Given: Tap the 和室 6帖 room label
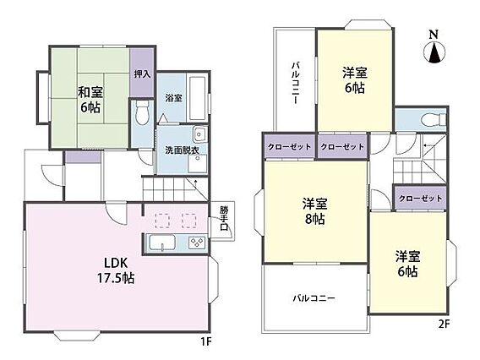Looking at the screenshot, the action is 90,100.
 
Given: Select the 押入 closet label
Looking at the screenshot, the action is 142,74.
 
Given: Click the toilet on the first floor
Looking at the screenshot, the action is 142,112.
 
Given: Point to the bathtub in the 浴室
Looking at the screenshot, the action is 197,98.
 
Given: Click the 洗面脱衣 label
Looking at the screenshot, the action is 183,150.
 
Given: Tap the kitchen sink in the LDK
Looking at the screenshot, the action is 162,243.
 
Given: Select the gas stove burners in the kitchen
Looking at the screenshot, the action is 197,243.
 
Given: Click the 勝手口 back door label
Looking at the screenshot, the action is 224,219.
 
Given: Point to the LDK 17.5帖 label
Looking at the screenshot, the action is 116,270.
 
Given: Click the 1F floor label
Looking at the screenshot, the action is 206,341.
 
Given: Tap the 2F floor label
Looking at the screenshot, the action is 444,324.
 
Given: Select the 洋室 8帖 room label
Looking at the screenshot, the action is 315,211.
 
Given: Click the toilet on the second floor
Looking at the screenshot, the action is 434,119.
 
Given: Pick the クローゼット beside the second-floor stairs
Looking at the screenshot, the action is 420,199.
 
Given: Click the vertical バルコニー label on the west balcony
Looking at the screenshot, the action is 295,83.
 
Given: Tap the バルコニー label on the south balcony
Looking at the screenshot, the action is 314,297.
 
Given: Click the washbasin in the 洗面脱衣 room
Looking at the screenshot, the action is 200,134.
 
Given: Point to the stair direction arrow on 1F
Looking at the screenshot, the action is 195,184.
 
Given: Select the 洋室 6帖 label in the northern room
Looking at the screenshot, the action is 355,80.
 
